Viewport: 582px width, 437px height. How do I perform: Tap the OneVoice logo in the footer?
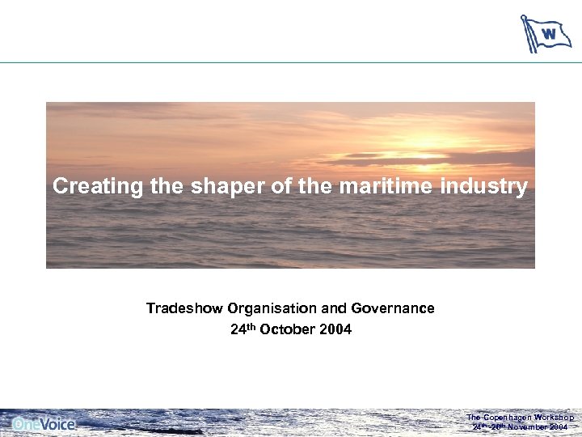pos(44,422)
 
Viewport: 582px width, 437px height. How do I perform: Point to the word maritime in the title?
pos(388,187)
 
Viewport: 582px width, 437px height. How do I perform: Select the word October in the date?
pos(283,329)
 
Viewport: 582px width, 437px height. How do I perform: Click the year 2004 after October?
pos(335,329)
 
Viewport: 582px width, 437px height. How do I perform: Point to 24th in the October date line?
pos(242,329)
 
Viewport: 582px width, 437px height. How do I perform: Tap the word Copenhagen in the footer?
pos(508,417)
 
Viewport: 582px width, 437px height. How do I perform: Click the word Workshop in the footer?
pos(555,417)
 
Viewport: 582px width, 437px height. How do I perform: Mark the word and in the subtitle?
pos(335,308)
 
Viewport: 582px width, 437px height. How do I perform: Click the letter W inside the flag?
pos(549,34)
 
